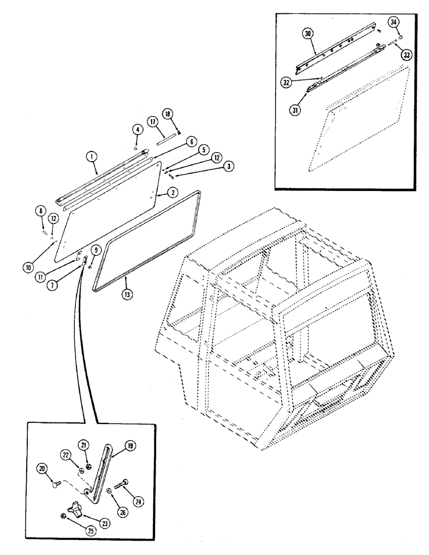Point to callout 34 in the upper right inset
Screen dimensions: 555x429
pos(393,22)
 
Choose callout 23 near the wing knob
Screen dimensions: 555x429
pos(106,522)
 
